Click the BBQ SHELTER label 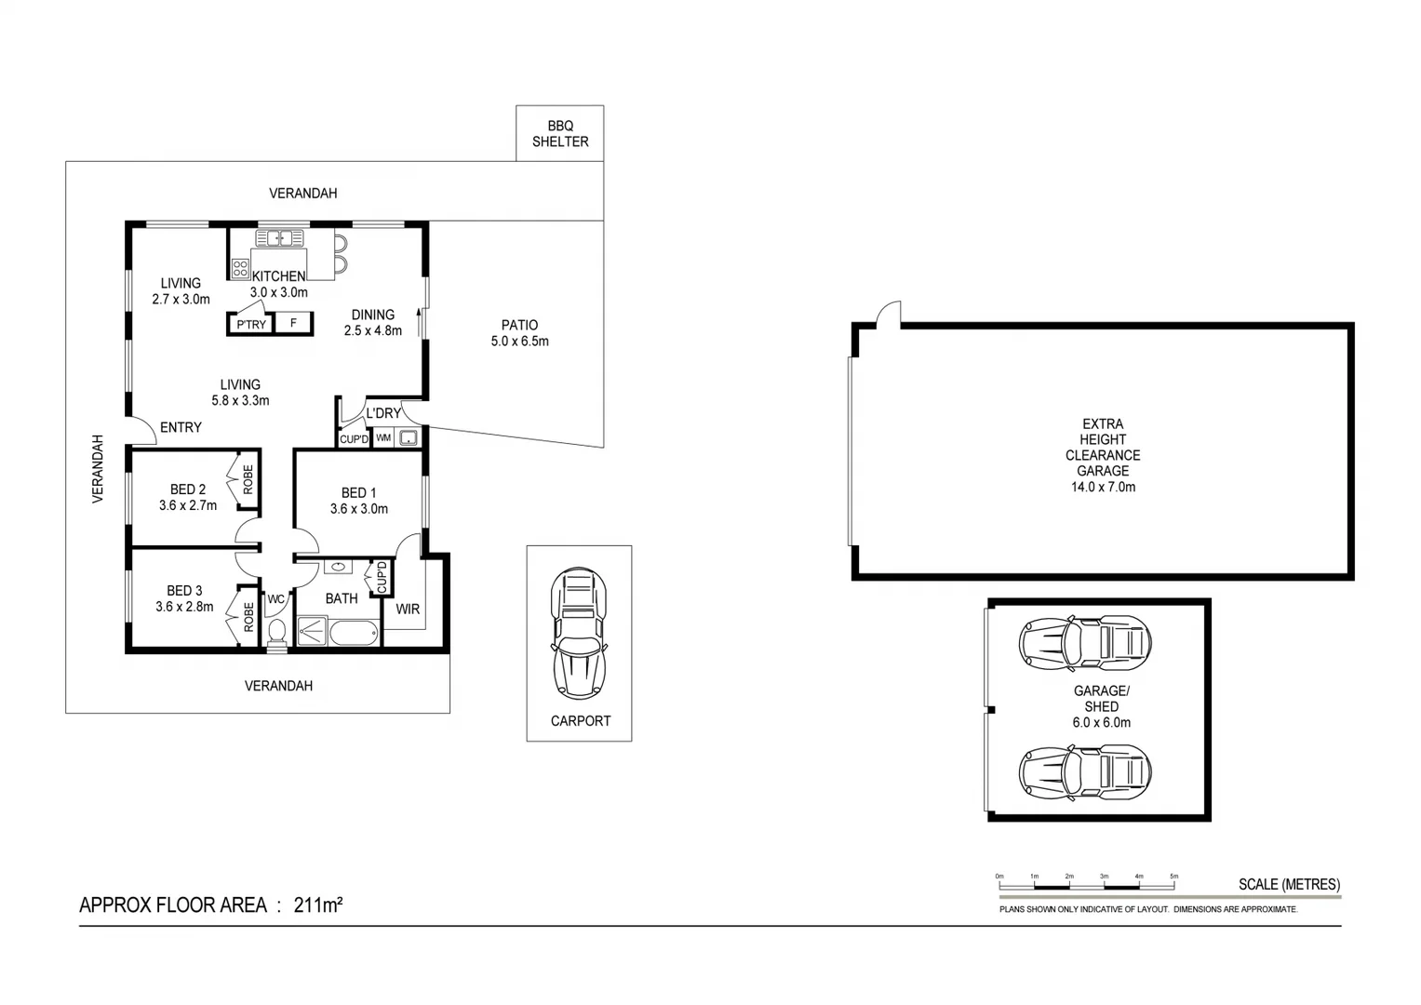559,134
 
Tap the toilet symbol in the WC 276,632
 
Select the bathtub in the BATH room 355,634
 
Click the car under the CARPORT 579,634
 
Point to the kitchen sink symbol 279,238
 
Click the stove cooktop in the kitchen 240,269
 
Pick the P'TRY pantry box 250,324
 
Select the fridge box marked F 294,323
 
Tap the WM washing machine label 383,437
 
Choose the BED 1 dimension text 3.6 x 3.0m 359,509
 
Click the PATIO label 519,325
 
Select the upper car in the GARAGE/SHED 1085,642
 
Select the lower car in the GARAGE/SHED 1085,772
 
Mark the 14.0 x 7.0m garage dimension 1103,487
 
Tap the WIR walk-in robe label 408,610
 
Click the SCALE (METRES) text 1289,884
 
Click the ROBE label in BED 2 248,479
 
